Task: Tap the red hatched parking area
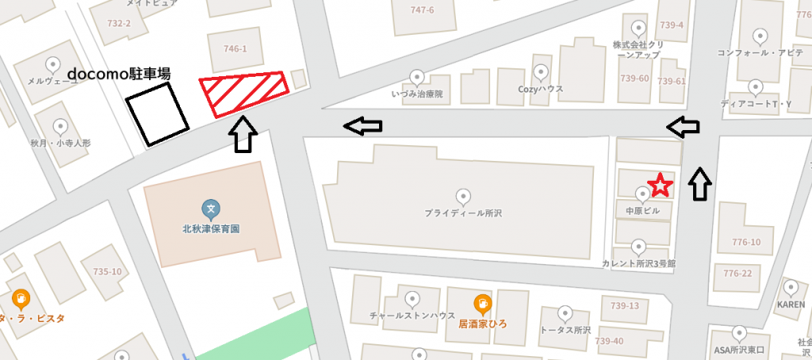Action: [242, 93]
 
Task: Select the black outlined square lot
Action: [159, 115]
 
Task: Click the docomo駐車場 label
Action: [120, 74]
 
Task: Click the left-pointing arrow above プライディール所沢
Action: [362, 124]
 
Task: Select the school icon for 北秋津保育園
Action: [210, 210]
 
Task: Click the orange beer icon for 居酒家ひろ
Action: [481, 304]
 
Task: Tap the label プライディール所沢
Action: [464, 214]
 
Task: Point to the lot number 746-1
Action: [236, 49]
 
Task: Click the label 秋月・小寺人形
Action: [60, 144]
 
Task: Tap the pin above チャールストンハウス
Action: [412, 299]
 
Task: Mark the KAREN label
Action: [791, 304]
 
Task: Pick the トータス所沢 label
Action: [565, 329]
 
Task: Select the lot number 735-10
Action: [107, 272]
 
